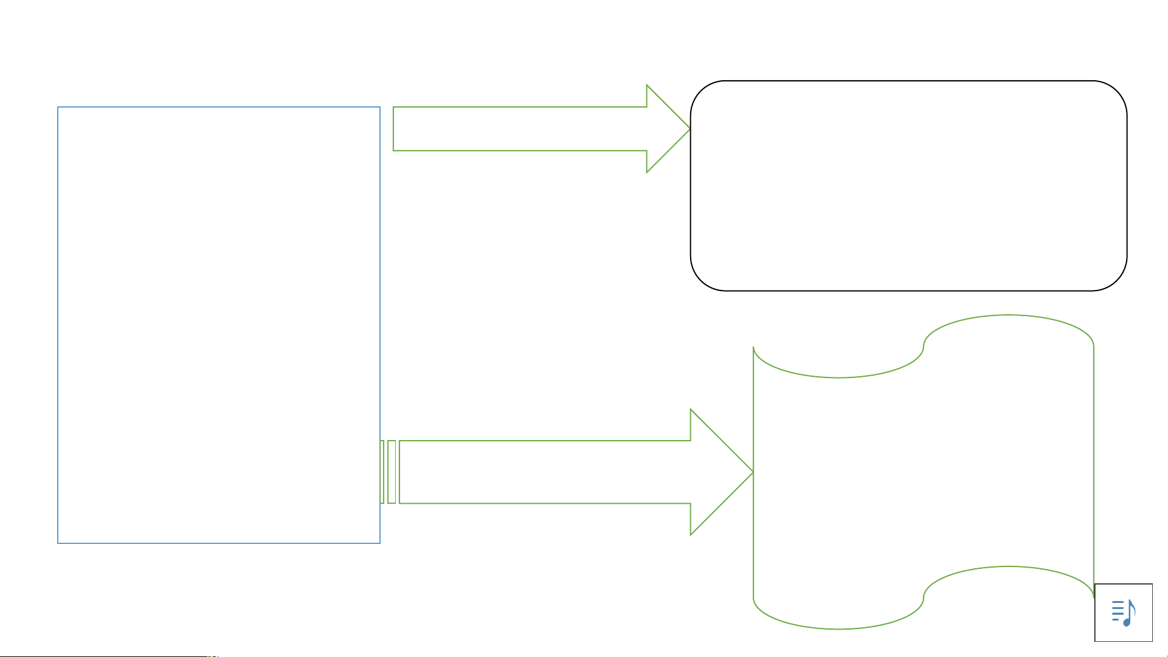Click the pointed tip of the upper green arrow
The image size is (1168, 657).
tap(689, 129)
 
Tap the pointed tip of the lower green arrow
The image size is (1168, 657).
tap(752, 472)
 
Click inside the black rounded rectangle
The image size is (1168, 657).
tap(908, 185)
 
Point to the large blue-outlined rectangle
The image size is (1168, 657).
tap(219, 325)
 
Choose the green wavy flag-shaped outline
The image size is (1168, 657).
tap(923, 472)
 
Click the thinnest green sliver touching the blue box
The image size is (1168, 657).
tap(382, 472)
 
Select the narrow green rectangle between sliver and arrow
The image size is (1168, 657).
tap(392, 472)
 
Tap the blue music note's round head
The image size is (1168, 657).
tap(1127, 622)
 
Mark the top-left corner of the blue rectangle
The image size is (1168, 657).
tap(58, 108)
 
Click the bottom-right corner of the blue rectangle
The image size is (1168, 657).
tap(379, 543)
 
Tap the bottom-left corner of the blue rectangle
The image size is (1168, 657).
tap(58, 543)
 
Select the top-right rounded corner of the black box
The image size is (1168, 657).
tap(1116, 92)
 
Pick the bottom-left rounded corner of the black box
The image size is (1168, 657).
tap(702, 280)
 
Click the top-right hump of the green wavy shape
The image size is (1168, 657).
tap(1009, 315)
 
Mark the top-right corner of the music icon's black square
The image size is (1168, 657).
tap(1152, 584)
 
